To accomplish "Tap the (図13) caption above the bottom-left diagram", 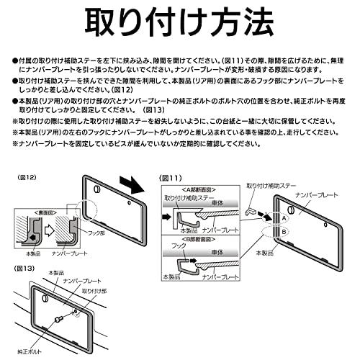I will pos(21,269).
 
